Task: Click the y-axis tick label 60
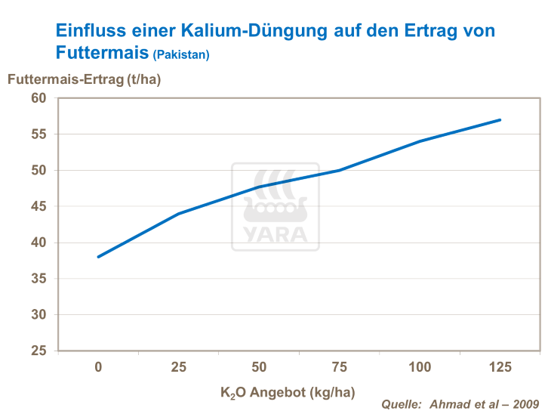39,98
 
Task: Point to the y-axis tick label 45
39,206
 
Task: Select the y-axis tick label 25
39,351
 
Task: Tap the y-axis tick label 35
39,279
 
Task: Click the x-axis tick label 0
98,367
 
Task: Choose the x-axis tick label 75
340,367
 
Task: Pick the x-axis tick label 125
500,367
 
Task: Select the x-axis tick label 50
259,367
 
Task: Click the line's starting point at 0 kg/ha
99,257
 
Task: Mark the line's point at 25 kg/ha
179,214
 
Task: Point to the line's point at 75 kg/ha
340,170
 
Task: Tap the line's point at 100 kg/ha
420,141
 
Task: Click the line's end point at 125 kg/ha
500,119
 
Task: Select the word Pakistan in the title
181,55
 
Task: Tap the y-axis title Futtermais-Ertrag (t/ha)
84,79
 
